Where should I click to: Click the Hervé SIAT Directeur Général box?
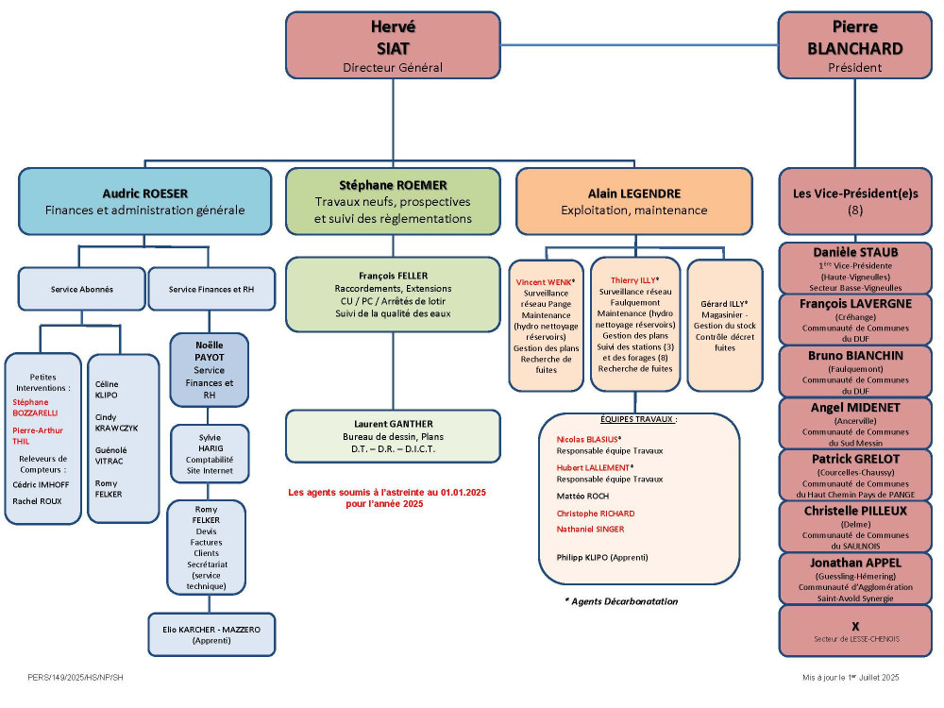(x=393, y=45)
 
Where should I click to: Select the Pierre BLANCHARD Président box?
(x=855, y=45)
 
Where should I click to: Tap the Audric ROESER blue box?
(x=145, y=201)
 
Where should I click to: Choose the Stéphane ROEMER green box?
(x=393, y=201)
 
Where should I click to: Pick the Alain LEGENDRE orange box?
(x=634, y=201)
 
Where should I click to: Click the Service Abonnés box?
(x=82, y=289)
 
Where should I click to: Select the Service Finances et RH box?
(x=211, y=289)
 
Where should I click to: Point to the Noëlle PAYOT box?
(x=209, y=370)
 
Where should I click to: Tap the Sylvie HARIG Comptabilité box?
(x=210, y=454)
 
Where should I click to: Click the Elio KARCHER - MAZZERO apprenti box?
(x=211, y=634)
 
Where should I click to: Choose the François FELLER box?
(x=393, y=295)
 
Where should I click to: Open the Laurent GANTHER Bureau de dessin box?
(x=393, y=436)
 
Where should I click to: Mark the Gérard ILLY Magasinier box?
(x=725, y=325)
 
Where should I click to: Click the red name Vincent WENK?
(x=544, y=281)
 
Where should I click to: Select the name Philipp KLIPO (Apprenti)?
(x=602, y=558)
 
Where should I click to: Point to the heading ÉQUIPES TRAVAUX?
(x=638, y=419)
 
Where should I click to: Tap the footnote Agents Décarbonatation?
(x=621, y=600)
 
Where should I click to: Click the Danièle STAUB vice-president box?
(x=855, y=268)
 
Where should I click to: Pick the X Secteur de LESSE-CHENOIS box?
(x=855, y=631)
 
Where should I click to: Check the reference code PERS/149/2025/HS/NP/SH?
(x=76, y=677)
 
